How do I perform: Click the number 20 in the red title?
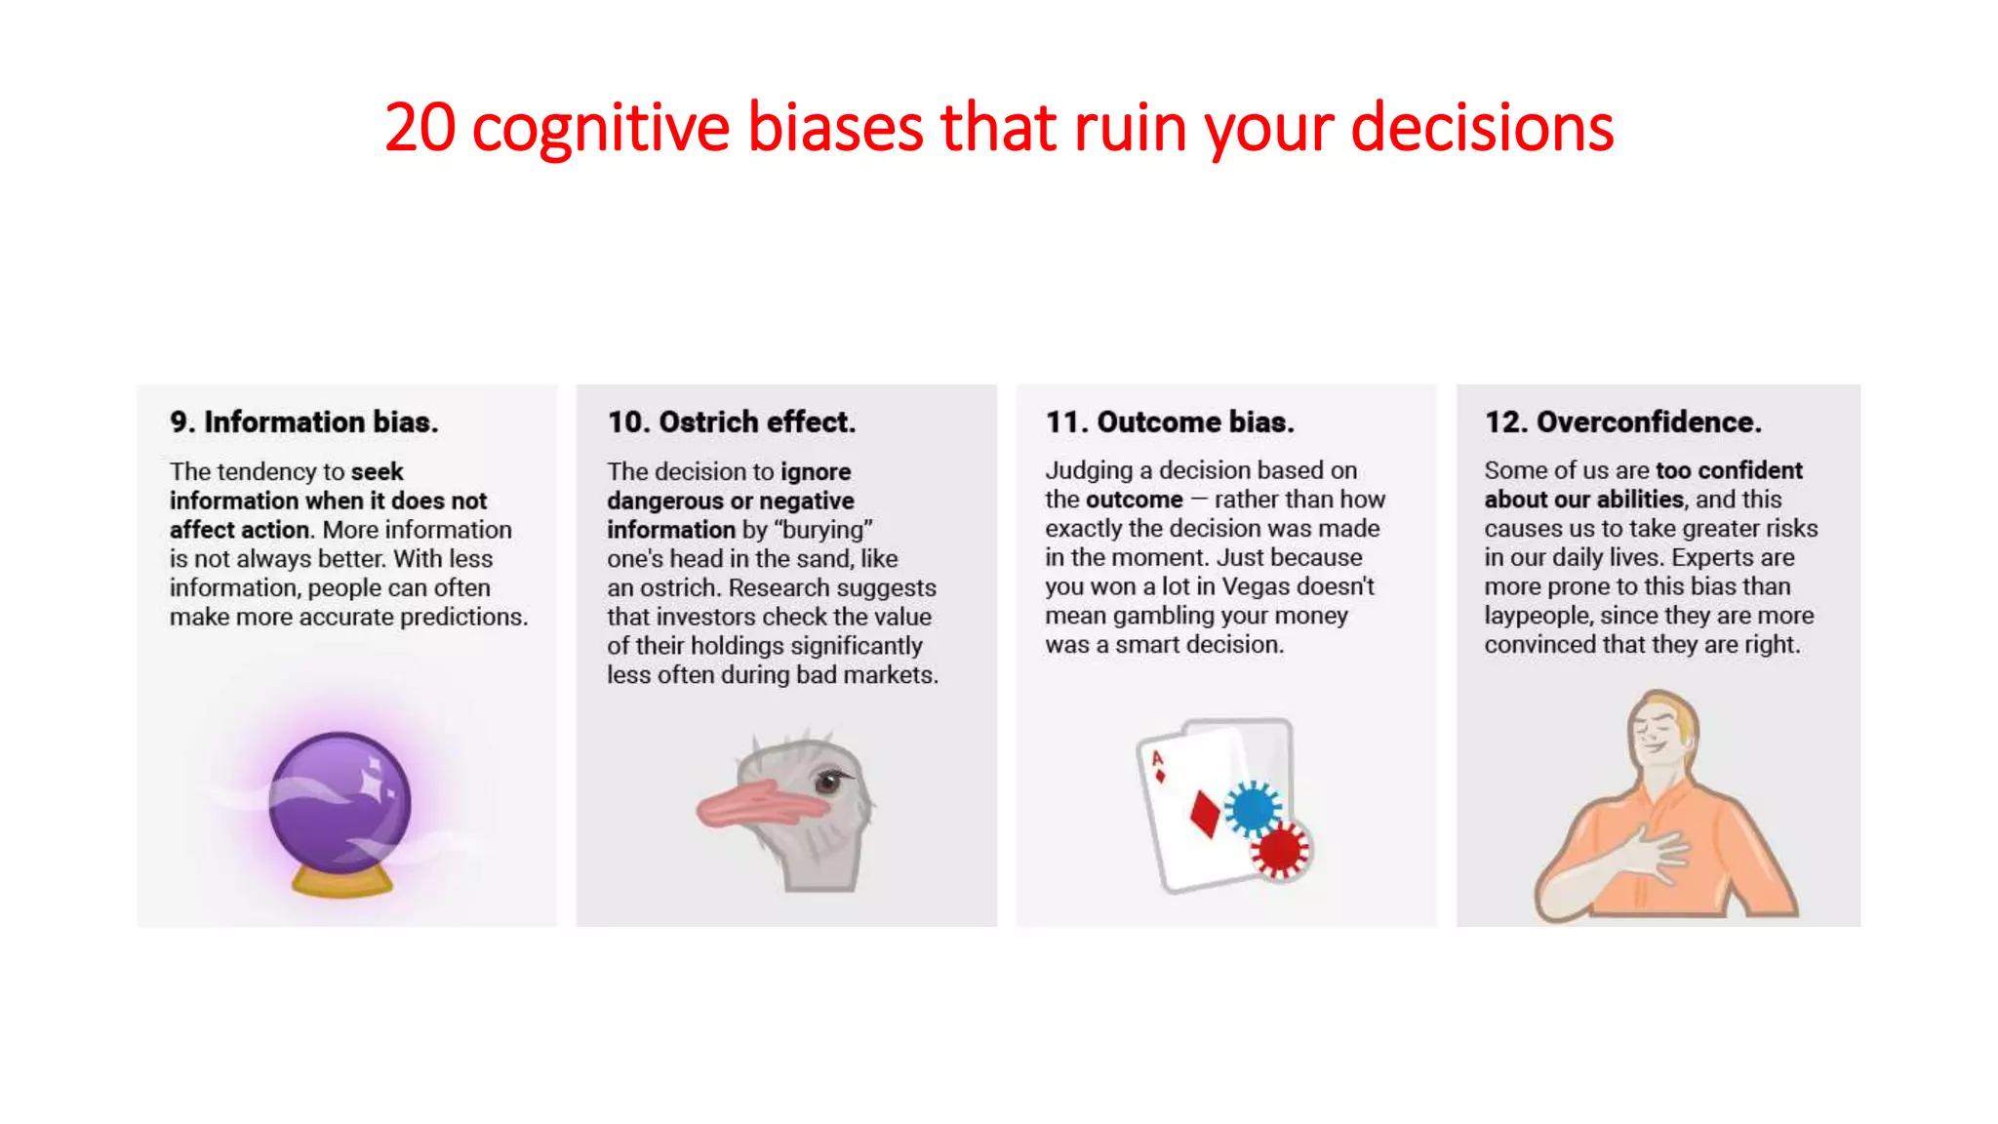pos(420,128)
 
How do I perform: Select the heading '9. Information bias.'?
pos(303,421)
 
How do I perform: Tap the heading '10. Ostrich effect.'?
pos(731,421)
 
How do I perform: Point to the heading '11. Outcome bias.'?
pos(1170,421)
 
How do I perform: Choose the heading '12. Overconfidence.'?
pos(1622,421)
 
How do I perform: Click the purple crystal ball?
pos(339,800)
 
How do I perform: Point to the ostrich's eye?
pos(829,781)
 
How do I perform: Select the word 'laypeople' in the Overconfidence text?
pos(1537,616)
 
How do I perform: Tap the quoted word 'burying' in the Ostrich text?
pos(822,530)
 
